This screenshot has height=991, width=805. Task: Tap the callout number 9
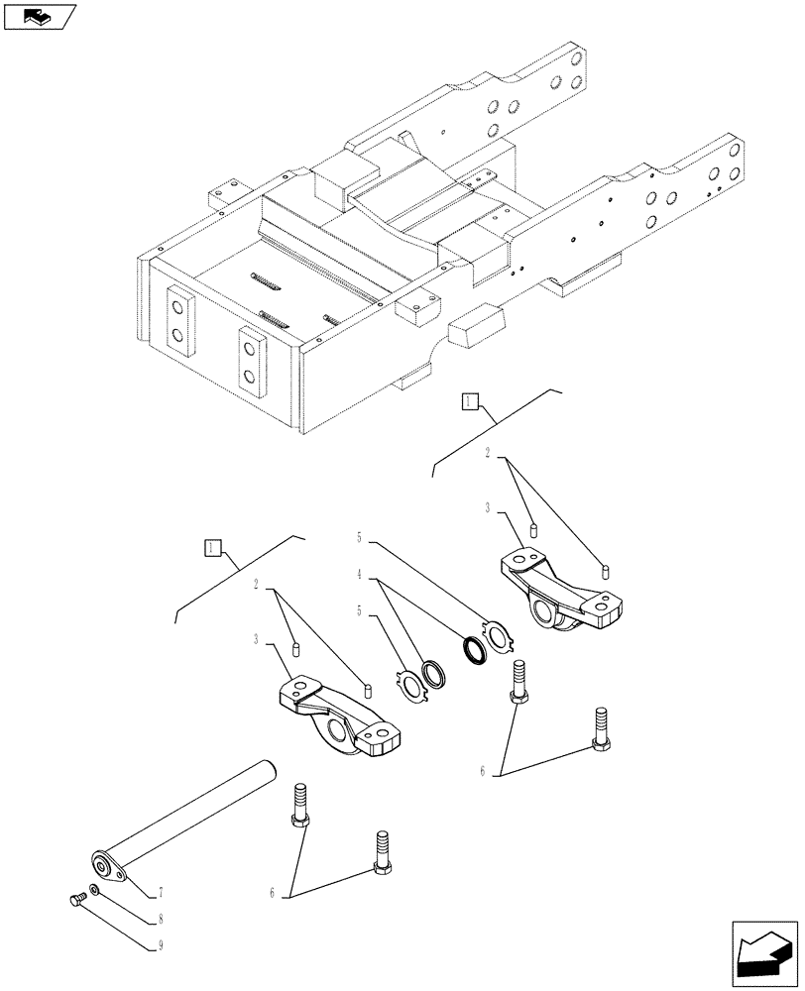coord(160,947)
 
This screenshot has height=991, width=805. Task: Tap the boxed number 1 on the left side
coord(211,548)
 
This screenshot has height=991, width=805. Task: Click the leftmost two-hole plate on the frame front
coord(178,319)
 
